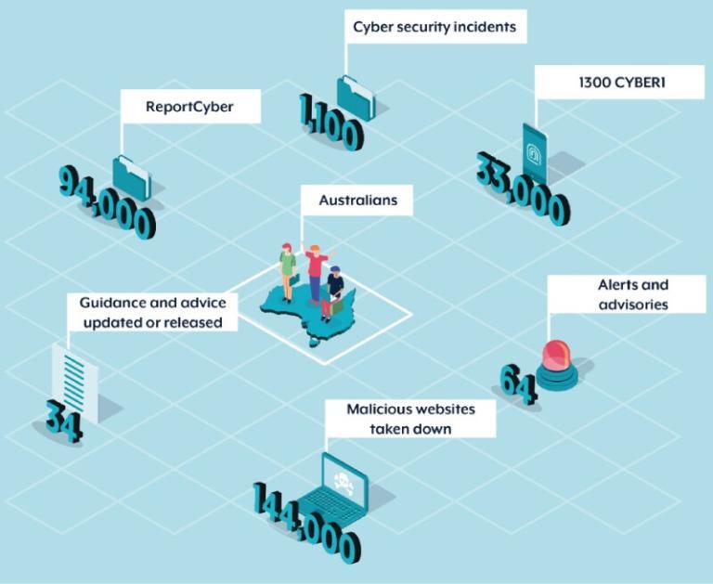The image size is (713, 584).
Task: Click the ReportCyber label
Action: pos(189,107)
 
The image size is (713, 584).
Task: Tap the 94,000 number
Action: pos(108,201)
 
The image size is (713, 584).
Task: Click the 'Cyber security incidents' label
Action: pos(434,27)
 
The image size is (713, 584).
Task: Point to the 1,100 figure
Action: pos(331,122)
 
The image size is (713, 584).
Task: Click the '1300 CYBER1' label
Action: pos(616,83)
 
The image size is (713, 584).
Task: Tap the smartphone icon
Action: pos(535,150)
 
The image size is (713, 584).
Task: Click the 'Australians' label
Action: pos(357,200)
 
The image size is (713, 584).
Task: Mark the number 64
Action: pos(518,383)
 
